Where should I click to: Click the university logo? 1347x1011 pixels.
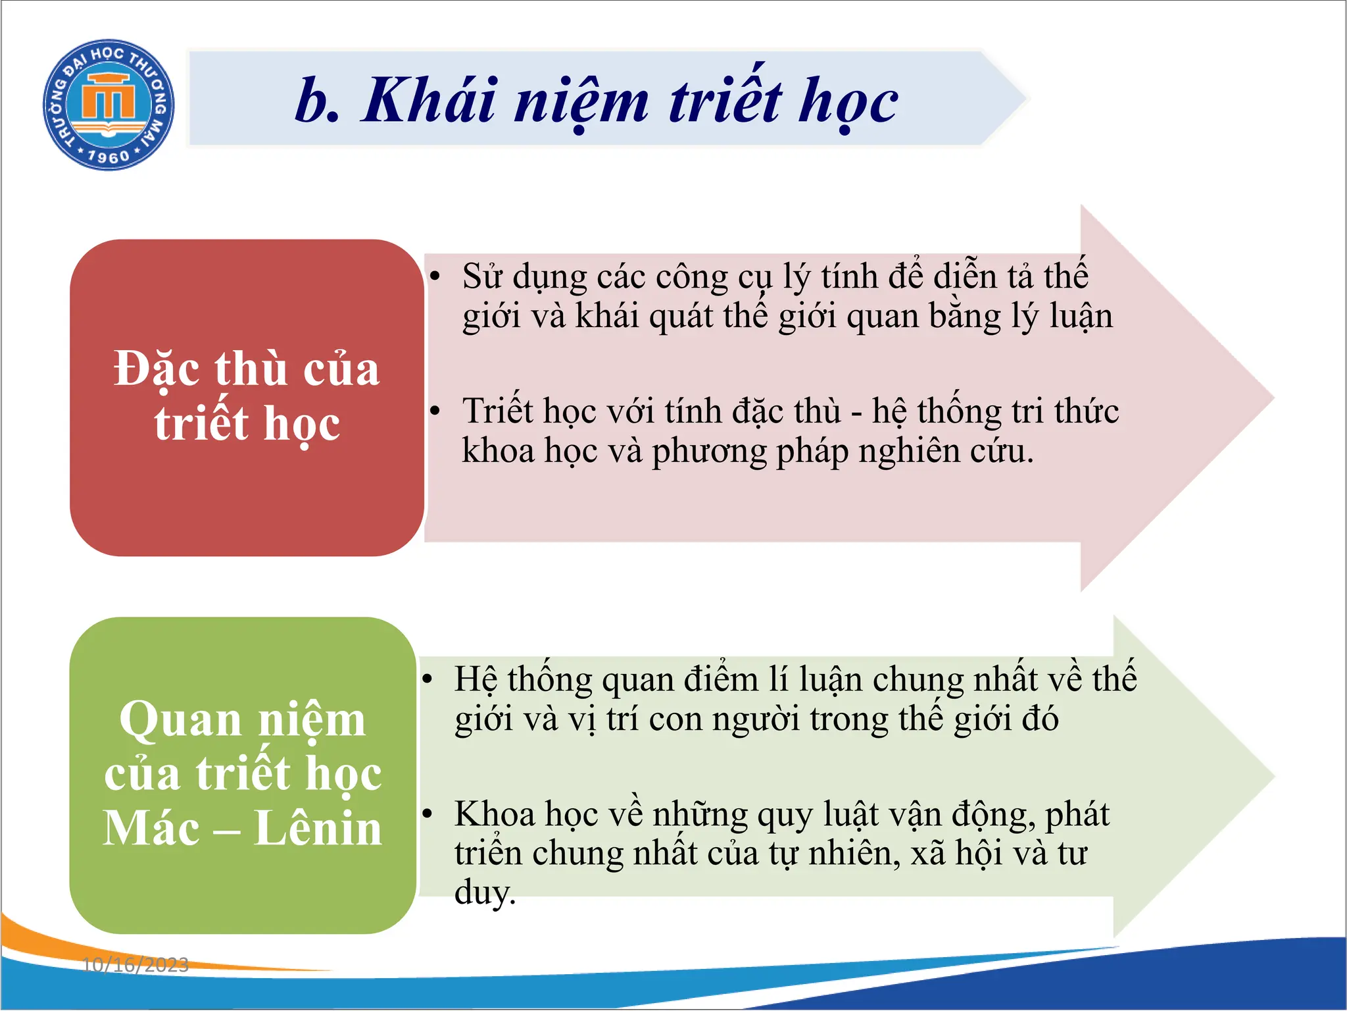click(109, 104)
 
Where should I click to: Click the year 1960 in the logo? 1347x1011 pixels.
click(109, 156)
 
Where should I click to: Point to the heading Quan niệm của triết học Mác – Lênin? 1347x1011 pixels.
click(243, 773)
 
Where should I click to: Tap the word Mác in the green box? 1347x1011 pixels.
click(151, 828)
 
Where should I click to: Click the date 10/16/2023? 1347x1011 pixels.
click(135, 965)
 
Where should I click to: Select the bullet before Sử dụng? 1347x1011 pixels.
click(435, 276)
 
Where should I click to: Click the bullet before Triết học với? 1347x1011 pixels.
click(435, 411)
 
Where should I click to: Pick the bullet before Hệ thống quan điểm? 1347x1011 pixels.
click(428, 679)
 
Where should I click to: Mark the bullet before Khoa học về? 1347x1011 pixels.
click(428, 814)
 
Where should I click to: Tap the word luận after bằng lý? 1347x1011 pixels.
click(1081, 317)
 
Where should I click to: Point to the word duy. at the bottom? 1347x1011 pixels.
click(485, 894)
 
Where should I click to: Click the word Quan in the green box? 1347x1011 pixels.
click(180, 719)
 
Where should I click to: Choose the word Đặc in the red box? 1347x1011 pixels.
click(157, 369)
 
